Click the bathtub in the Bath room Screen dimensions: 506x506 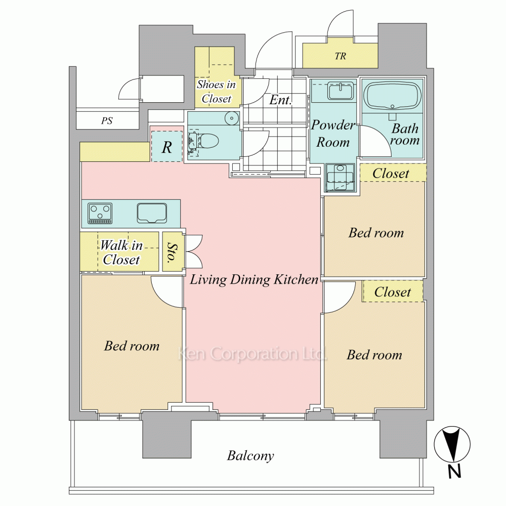point(392,96)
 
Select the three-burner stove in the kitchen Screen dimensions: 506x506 point(100,214)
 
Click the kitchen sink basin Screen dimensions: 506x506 point(152,213)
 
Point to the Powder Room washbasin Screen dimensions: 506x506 point(342,91)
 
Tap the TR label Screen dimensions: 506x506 point(340,56)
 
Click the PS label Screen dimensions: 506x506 point(107,121)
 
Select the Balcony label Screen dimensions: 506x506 point(250,456)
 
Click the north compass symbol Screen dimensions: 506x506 point(452,445)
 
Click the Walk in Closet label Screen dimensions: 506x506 point(121,252)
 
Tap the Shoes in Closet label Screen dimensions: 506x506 point(216,91)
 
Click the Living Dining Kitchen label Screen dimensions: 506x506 point(254,279)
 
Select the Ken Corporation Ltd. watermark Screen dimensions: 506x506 point(252,354)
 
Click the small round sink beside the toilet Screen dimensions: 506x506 point(231,118)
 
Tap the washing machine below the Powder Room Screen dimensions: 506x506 point(340,178)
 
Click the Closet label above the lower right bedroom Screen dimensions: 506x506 point(393,292)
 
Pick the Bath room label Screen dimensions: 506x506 point(405,134)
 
